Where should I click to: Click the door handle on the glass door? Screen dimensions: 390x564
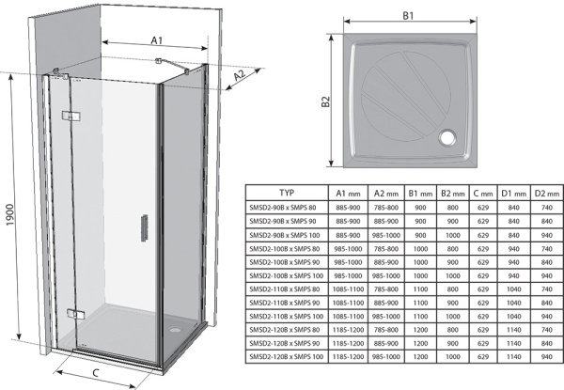pyautogui.click(x=144, y=227)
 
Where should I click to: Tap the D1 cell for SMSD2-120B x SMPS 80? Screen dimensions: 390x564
pyautogui.click(x=512, y=331)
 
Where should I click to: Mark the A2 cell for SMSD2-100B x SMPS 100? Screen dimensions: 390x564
pyautogui.click(x=386, y=275)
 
